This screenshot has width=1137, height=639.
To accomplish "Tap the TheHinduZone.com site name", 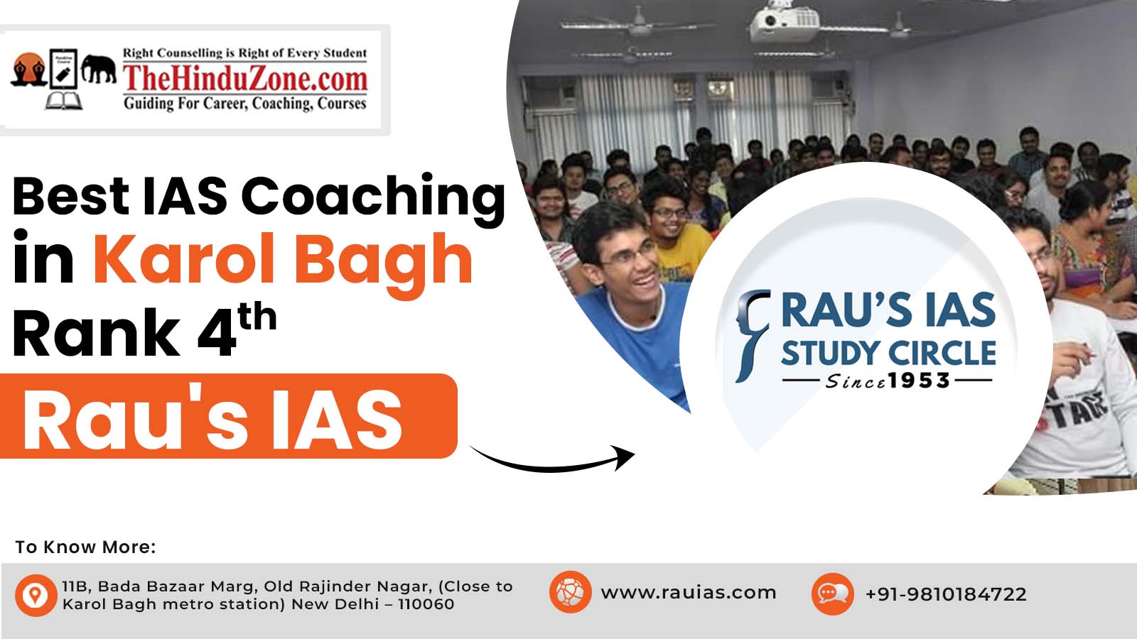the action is tap(245, 79).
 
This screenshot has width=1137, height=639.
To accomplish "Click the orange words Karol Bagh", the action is tap(283, 262).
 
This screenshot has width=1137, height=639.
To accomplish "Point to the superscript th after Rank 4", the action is tap(257, 317).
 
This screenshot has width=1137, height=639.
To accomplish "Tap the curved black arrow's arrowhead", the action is tap(625, 457).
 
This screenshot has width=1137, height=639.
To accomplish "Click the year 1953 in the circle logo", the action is tap(919, 381).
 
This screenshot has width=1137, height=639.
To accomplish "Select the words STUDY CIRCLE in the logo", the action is tap(888, 353).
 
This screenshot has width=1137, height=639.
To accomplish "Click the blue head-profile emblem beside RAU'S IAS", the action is tap(753, 334).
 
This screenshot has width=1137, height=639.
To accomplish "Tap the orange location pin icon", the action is tap(36, 595).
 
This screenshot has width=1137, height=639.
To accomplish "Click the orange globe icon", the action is tap(570, 592).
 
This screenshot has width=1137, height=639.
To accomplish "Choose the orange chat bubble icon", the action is tap(832, 594).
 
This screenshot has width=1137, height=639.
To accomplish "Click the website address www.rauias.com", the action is tap(689, 592).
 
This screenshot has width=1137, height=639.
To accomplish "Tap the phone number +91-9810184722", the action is tap(946, 594).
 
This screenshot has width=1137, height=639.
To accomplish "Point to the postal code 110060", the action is tap(426, 604).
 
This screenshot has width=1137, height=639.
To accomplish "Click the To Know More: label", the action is tap(85, 547).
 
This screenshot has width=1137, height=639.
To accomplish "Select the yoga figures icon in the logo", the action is tap(29, 70).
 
